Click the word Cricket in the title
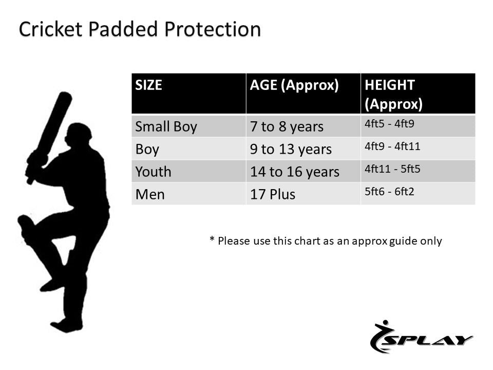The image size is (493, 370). pos(50,29)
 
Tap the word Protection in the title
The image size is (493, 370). pos(213,29)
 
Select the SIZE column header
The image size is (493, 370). pos(149,85)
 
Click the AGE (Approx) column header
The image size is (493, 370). pos(294,86)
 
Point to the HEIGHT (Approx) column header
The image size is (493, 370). pos(393,95)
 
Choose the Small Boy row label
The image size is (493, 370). pos(166,127)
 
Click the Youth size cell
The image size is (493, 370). pos(153,172)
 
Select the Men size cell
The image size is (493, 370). pos(150,194)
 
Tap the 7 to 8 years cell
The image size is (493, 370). pos(287,127)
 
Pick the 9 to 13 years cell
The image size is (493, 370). pos(291,150)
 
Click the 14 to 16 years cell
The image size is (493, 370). pos(295,172)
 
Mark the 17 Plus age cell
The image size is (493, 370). pos(273,194)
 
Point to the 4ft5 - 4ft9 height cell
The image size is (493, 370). pos(389,124)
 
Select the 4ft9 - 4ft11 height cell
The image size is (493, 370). pos(392,146)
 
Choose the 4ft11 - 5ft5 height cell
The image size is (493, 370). pos(392,169)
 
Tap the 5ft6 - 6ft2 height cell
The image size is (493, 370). pos(389,192)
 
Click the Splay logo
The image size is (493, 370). pos(421,337)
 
